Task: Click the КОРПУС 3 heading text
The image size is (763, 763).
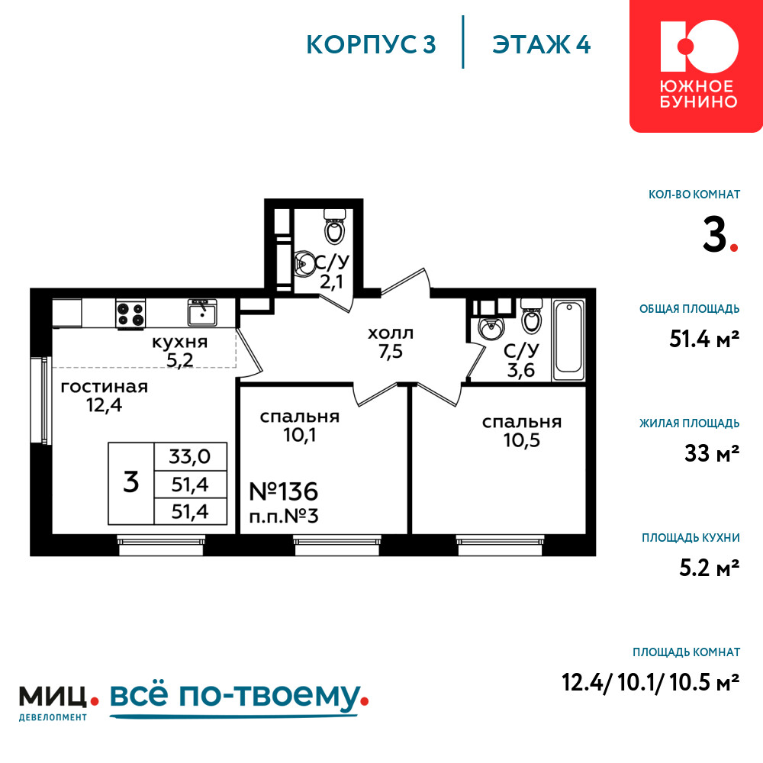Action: pyautogui.click(x=371, y=45)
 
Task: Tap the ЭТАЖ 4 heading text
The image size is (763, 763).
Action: pyautogui.click(x=541, y=45)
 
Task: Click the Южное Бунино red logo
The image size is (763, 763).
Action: pyautogui.click(x=697, y=66)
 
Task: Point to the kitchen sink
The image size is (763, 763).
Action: pyautogui.click(x=202, y=312)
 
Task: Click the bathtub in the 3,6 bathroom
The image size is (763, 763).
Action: pyautogui.click(x=568, y=340)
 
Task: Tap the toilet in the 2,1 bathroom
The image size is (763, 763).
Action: pyautogui.click(x=335, y=227)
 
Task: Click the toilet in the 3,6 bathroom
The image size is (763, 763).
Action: pyautogui.click(x=531, y=315)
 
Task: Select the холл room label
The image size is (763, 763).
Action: pyautogui.click(x=391, y=333)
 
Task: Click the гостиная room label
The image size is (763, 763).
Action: pyautogui.click(x=104, y=388)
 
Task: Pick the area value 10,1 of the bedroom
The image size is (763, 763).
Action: pyautogui.click(x=300, y=435)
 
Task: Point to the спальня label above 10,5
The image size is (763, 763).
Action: pyautogui.click(x=522, y=423)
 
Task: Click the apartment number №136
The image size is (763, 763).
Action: pyautogui.click(x=283, y=491)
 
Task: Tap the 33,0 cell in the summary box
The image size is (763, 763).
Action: pyautogui.click(x=190, y=456)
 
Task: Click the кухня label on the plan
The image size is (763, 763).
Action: pyautogui.click(x=180, y=342)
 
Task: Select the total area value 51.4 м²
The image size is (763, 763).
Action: pyautogui.click(x=704, y=339)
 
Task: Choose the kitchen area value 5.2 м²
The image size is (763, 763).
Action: pyautogui.click(x=709, y=568)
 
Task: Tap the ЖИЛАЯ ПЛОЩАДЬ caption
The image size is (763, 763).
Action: pyautogui.click(x=690, y=423)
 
